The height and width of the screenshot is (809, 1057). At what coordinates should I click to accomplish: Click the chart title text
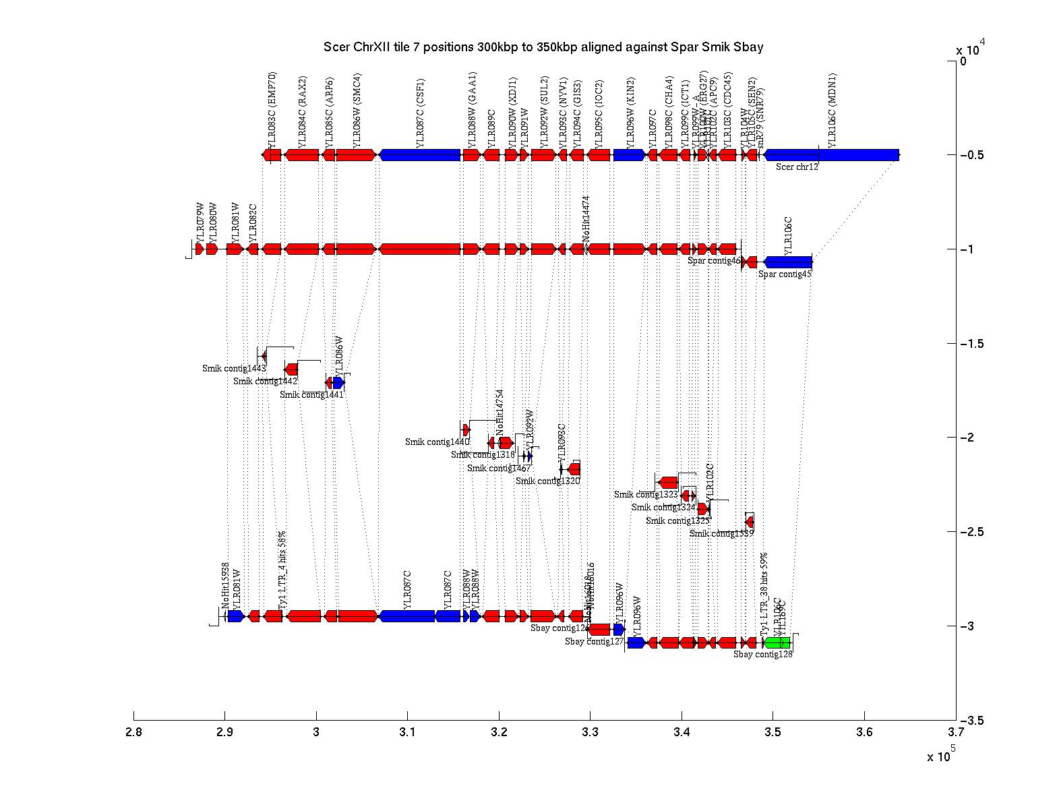coord(543,47)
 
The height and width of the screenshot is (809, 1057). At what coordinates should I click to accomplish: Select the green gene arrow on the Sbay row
coord(777,642)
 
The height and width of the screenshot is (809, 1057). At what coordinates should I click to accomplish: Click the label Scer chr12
coord(797,167)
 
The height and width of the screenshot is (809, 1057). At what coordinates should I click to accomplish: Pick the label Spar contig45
coord(785,274)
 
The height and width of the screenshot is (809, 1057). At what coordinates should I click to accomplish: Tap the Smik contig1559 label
coord(721,533)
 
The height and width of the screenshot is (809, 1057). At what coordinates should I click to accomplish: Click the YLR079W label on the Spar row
coord(200,222)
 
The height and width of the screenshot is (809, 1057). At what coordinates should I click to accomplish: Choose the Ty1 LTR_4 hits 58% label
coord(282,570)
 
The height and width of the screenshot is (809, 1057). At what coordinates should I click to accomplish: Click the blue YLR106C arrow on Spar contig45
coord(788,262)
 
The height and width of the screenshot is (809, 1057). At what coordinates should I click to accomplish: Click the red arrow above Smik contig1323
coord(668,482)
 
